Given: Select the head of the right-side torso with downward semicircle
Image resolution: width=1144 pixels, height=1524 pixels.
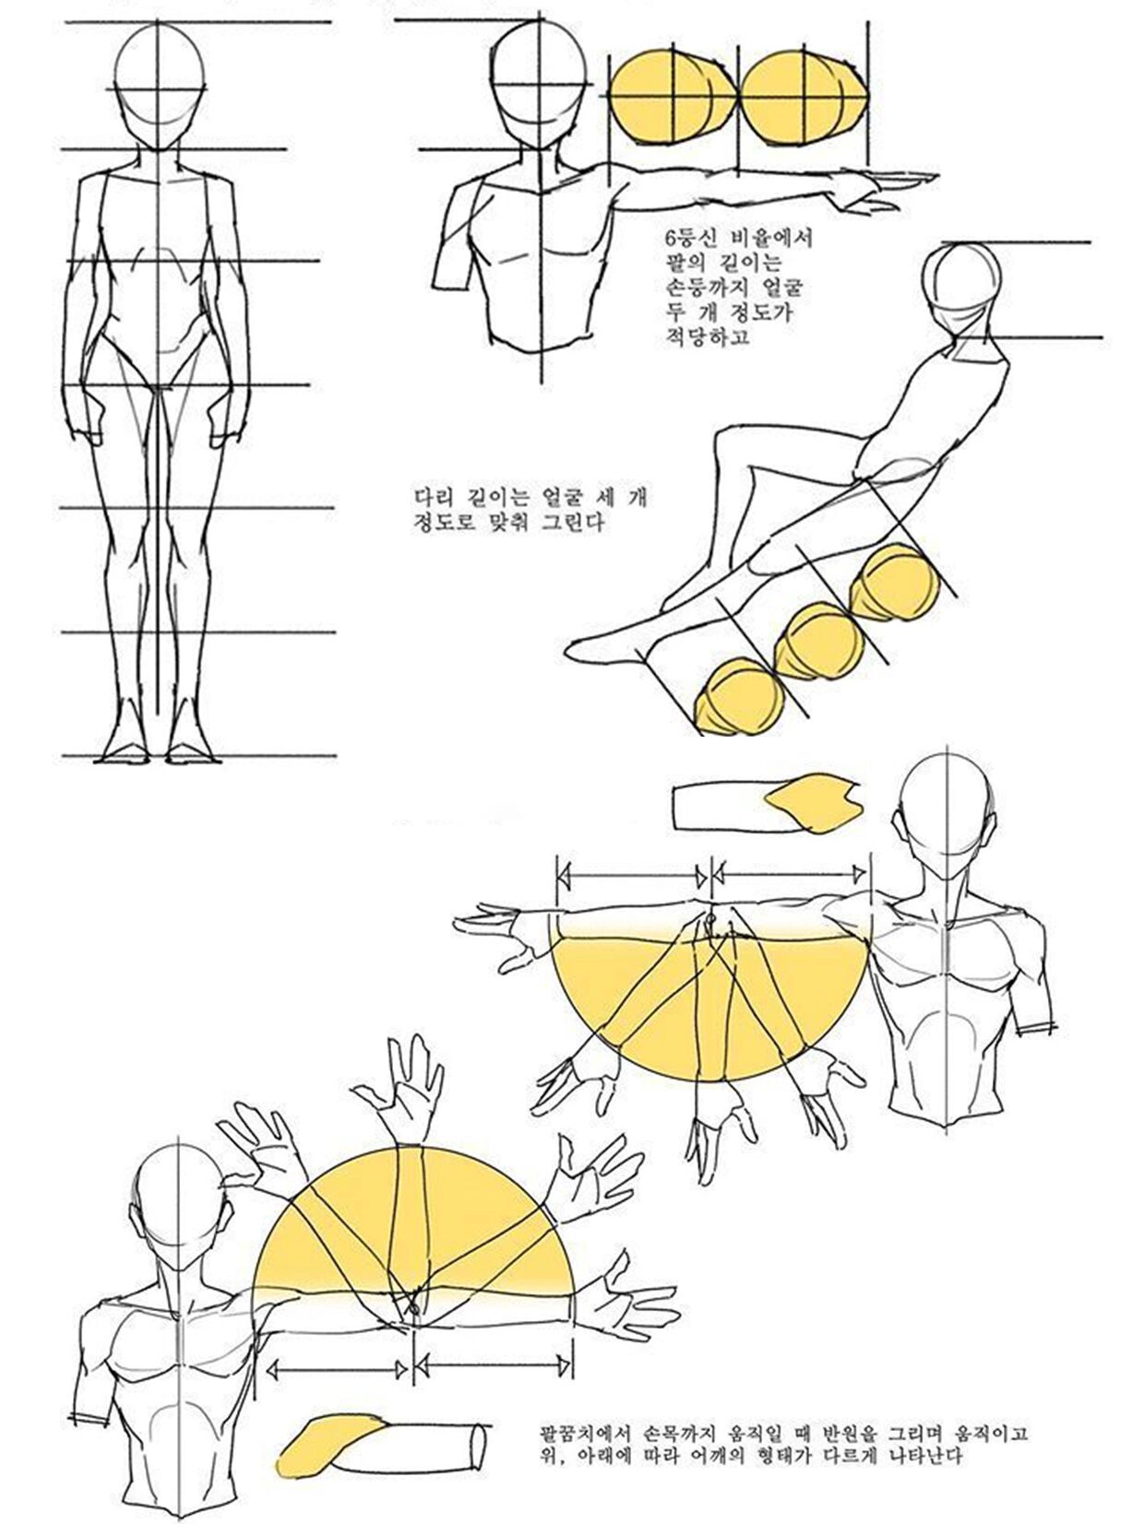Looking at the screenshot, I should [950, 811].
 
